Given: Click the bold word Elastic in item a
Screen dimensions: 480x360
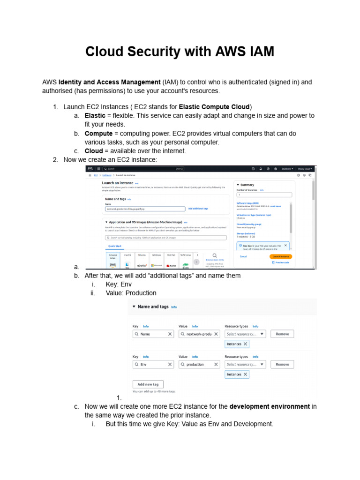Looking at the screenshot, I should coord(95,115).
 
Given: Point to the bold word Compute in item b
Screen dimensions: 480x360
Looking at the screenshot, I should coord(98,134).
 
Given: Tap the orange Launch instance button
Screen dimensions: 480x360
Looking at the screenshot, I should coord(280,256).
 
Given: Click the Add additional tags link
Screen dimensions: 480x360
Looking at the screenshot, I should coord(198,208).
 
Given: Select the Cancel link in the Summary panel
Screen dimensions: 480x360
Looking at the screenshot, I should coord(243,256).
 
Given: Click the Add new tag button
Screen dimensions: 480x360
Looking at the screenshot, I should coord(148,384).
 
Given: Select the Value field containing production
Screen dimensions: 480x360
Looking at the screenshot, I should coord(199,364).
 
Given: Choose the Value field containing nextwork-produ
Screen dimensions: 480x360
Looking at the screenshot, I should coord(199,334).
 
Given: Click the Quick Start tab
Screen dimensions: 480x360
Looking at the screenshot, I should coord(115,246).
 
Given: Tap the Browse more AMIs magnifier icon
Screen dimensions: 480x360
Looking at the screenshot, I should coord(215,256).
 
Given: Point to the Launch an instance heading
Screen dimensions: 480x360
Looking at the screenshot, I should coord(118,183).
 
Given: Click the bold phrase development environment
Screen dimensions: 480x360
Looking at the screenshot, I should coord(270,406).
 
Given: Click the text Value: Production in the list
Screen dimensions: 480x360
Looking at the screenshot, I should coord(131,293).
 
